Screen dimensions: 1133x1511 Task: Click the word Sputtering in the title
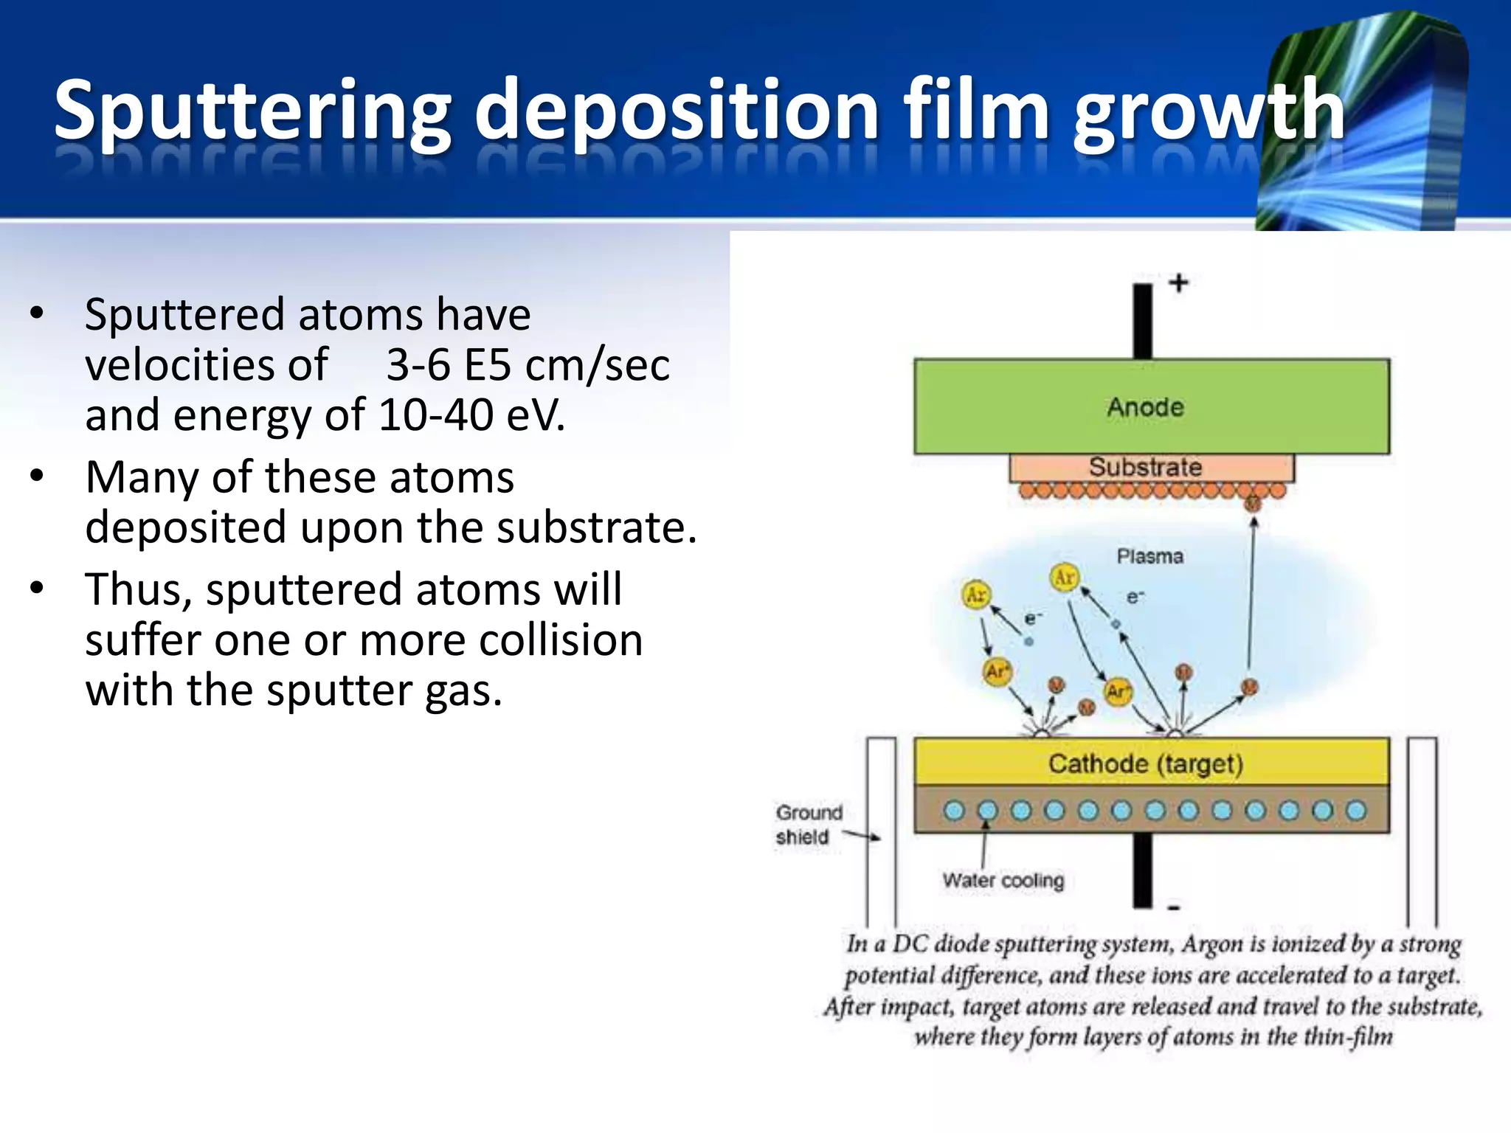point(251,111)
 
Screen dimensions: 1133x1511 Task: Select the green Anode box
point(1151,406)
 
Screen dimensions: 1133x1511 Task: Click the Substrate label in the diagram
point(1145,467)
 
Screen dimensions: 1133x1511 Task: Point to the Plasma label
point(1149,556)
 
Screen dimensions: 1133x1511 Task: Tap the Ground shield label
point(807,825)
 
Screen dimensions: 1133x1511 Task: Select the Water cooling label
point(1003,880)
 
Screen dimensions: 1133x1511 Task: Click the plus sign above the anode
point(1178,283)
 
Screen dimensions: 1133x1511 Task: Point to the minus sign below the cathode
point(1175,908)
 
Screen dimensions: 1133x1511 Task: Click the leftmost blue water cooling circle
point(954,811)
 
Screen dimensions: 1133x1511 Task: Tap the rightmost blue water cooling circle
point(1356,811)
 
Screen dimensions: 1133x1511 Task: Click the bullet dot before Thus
point(37,589)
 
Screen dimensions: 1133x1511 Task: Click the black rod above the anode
point(1143,321)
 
